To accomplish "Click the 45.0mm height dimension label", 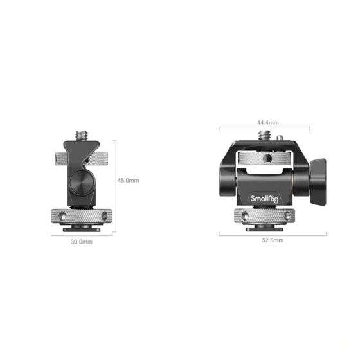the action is [x=129, y=181].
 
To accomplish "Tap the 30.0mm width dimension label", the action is [x=82, y=242].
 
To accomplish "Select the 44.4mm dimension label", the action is [x=267, y=122].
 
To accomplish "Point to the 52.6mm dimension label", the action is [x=273, y=240].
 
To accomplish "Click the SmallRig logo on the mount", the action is [x=264, y=199].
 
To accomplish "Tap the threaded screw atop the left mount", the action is [x=82, y=136].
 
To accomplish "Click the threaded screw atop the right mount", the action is [x=265, y=135].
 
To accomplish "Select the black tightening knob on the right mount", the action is [x=318, y=181].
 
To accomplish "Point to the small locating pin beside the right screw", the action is [x=279, y=138].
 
